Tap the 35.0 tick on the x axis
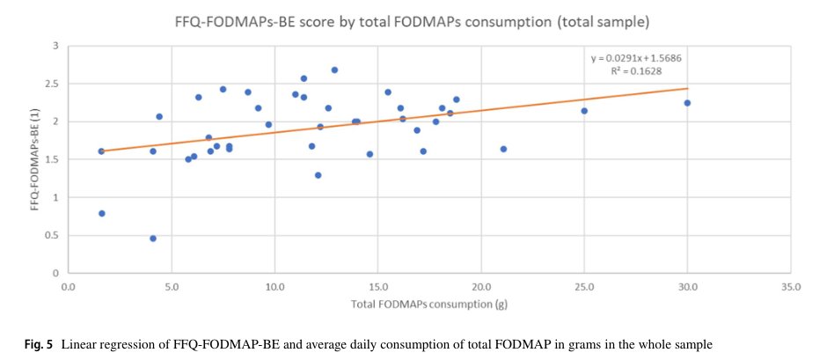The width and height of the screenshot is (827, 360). click(x=791, y=287)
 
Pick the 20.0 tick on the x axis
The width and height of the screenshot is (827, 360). click(x=480, y=287)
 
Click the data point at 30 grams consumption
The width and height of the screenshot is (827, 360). click(x=687, y=103)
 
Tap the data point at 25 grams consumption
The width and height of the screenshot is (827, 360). click(x=584, y=111)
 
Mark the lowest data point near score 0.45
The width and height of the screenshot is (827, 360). click(x=153, y=239)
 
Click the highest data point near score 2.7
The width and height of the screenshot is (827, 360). click(x=334, y=70)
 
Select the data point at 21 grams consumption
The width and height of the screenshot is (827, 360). click(x=503, y=149)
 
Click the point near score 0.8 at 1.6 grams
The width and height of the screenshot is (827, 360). click(x=101, y=213)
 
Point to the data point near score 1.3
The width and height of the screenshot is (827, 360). click(x=318, y=175)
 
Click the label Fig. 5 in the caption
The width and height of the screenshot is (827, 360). click(x=39, y=342)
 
